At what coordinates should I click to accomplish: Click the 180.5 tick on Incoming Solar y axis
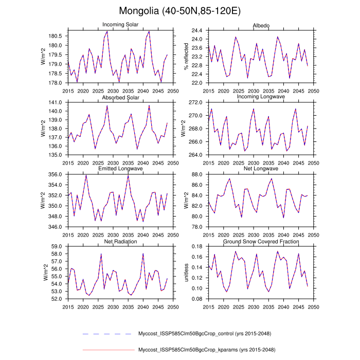(56, 36)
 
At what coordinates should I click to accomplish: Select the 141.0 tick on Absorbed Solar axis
(56, 103)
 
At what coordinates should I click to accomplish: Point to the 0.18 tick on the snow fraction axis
(197, 247)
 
